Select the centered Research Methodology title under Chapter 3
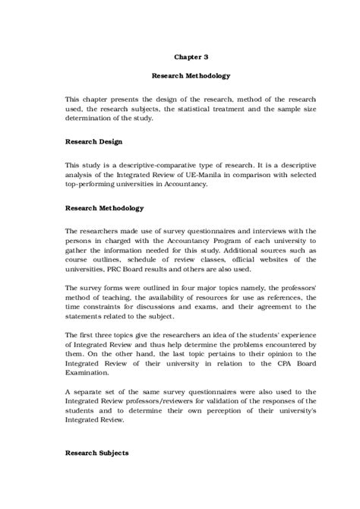pyautogui.click(x=190, y=76)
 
